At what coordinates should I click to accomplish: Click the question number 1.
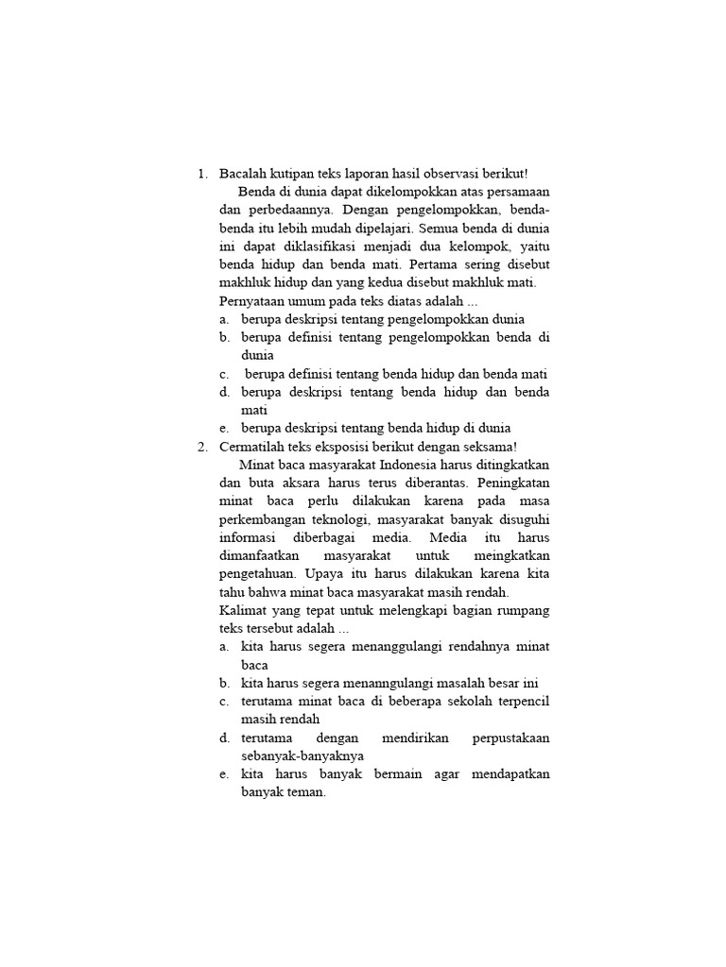[201, 174]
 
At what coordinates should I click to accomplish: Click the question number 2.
[201, 447]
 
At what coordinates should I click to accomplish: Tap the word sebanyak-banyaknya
[302, 755]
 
